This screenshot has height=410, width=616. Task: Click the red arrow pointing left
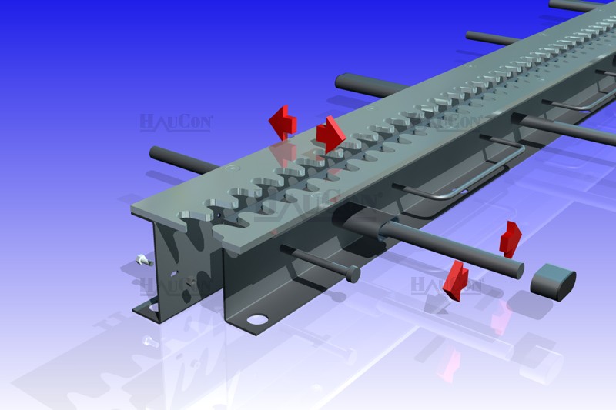(x=283, y=122)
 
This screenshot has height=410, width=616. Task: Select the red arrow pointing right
(x=331, y=134)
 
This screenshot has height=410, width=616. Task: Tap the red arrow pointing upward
(x=510, y=239)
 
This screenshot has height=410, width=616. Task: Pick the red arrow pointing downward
(x=456, y=280)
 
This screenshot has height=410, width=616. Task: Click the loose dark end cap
(x=553, y=282)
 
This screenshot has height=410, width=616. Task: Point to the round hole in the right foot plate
(x=257, y=319)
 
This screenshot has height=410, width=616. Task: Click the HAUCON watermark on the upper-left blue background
(x=176, y=122)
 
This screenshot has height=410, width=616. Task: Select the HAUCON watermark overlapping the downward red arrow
(x=447, y=285)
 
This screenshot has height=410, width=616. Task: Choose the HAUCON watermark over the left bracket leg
(x=176, y=286)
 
